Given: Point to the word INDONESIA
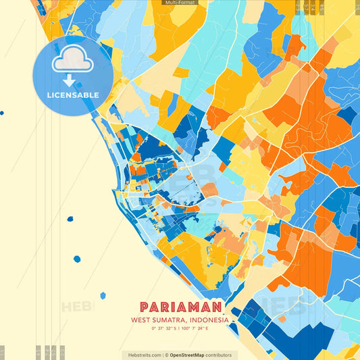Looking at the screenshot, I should tap(210, 320).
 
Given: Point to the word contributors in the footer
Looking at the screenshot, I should tap(218, 355).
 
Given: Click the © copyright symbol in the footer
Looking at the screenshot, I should tap(165, 355).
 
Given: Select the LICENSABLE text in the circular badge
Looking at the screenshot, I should tap(72, 95).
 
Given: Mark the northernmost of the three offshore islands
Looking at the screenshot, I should tap(70, 219).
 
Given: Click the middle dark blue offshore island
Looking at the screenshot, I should tap(77, 259).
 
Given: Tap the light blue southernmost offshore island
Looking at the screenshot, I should tap(103, 295).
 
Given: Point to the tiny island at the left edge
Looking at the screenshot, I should tap(2, 113).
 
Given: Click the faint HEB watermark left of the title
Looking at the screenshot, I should tap(76, 307).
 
